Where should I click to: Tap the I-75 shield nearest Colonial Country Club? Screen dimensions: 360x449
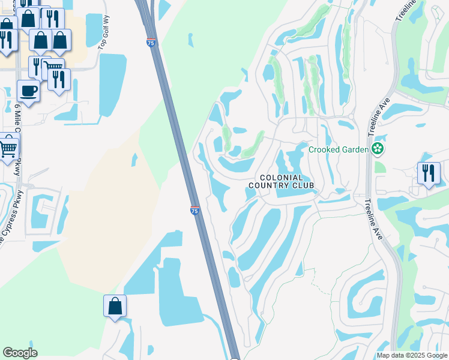tap(194, 210)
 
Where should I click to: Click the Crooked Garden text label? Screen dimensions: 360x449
tap(338, 149)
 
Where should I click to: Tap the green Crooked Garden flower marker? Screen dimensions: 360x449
tap(378, 149)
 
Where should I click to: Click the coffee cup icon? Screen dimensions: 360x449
tap(28, 91)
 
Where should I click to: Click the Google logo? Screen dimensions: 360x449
tap(20, 353)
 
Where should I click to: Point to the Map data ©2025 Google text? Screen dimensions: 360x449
tap(412, 355)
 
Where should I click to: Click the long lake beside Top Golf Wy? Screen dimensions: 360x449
tap(112, 83)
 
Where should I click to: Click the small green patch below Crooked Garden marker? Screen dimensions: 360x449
tap(379, 167)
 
